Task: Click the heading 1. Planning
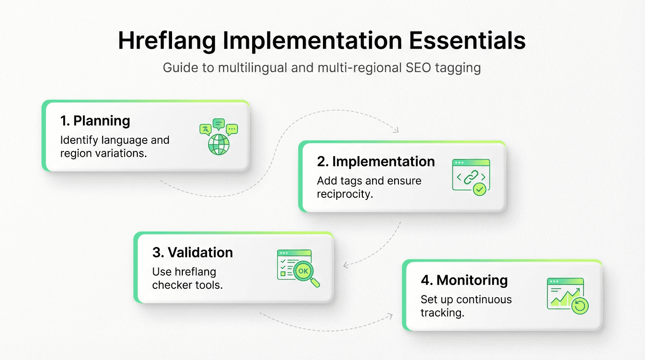pos(95,121)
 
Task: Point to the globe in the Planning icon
pos(219,145)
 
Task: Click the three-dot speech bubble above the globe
pos(232,129)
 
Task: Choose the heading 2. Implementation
pos(376,162)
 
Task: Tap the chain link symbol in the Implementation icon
pos(471,177)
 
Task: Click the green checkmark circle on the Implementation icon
pos(479,189)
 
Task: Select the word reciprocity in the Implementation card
pos(345,194)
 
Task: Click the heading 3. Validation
pos(193,252)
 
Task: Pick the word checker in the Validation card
pos(170,285)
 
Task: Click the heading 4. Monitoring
pos(464,280)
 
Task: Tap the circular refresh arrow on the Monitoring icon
pos(580,306)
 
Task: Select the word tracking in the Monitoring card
pos(442,313)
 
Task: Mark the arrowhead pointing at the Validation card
pos(346,265)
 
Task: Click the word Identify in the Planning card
pos(77,140)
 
